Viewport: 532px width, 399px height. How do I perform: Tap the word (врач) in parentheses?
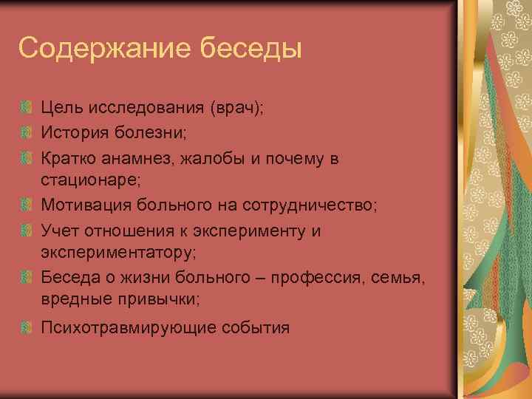[x=236, y=109]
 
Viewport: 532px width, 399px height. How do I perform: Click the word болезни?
[x=160, y=132]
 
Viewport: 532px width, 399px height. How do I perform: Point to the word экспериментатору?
[x=117, y=253]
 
